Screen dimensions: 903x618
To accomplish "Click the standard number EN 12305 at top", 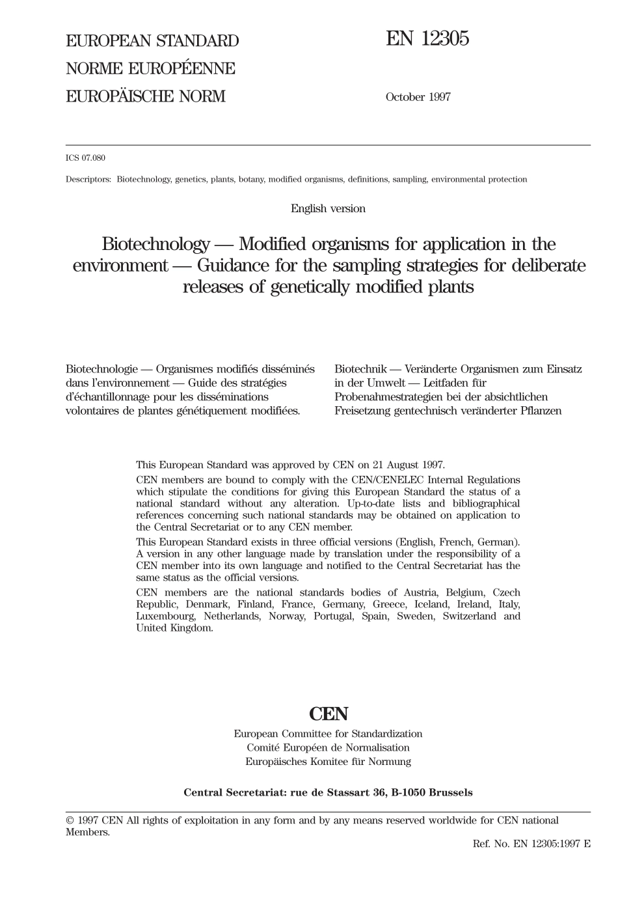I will click(x=427, y=39).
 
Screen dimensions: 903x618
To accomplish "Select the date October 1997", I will click(x=418, y=97).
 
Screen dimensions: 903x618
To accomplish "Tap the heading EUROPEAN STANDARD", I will click(x=152, y=41).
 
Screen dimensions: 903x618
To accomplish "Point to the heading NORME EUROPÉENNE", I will click(x=150, y=69).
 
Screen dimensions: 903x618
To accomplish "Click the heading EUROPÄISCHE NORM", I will click(x=145, y=97).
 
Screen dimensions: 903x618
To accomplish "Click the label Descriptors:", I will click(x=88, y=179).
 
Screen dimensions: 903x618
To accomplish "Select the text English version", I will click(x=328, y=208).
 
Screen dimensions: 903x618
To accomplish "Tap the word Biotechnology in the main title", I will click(x=155, y=244).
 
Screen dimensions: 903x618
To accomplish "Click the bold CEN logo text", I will click(x=328, y=714).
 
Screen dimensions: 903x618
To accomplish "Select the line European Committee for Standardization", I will click(x=328, y=734).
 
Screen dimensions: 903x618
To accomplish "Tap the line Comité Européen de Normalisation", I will click(x=328, y=747).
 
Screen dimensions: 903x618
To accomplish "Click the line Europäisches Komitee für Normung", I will click(x=328, y=761).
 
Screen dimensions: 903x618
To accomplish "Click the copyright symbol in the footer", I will click(x=70, y=820).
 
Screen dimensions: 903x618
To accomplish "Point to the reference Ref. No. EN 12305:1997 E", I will click(x=531, y=843).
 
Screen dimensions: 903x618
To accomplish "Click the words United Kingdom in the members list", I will click(x=174, y=628).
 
